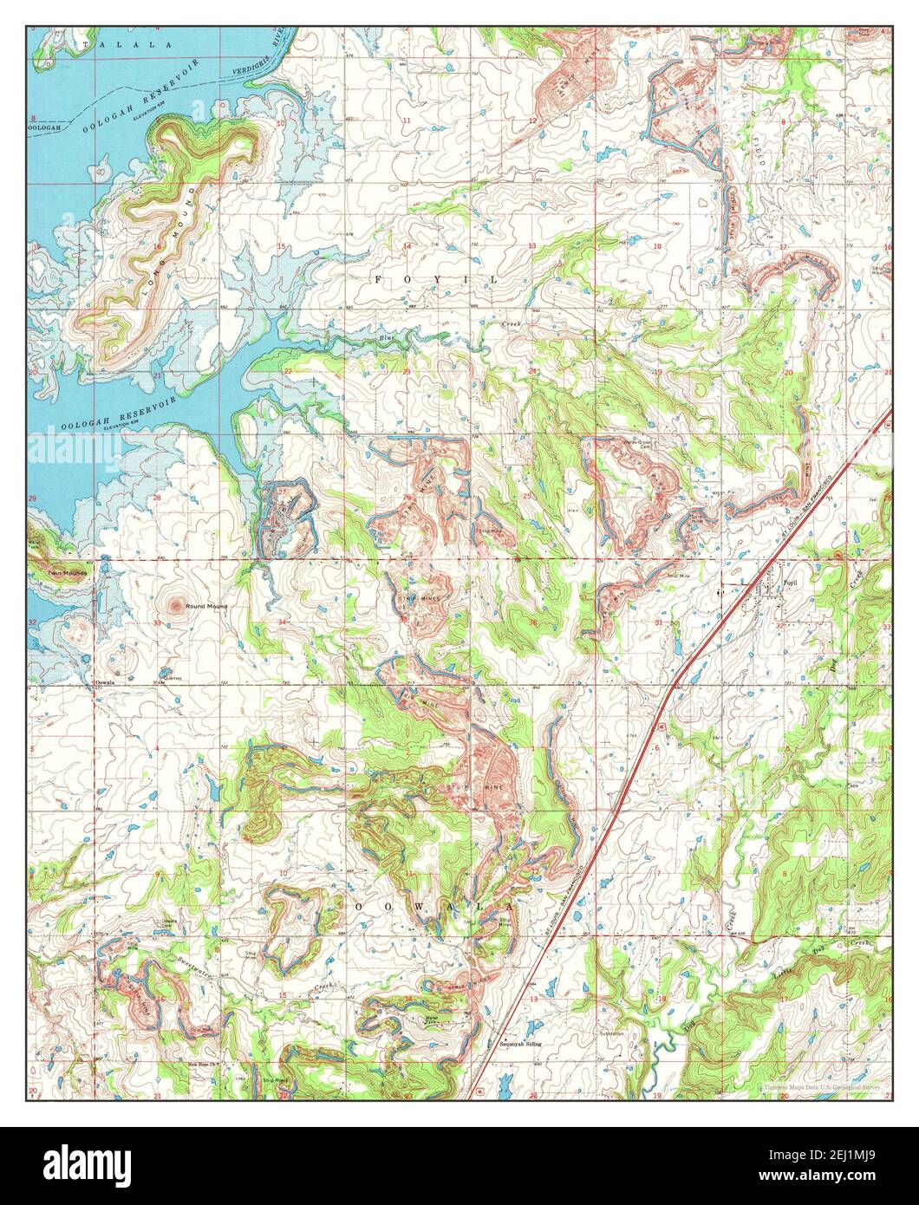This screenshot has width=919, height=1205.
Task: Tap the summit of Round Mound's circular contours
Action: (178, 606)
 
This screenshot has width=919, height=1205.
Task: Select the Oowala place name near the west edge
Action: (105, 682)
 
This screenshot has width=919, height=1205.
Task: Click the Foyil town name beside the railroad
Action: (790, 583)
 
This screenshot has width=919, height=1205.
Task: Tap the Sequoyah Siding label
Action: (520, 1045)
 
